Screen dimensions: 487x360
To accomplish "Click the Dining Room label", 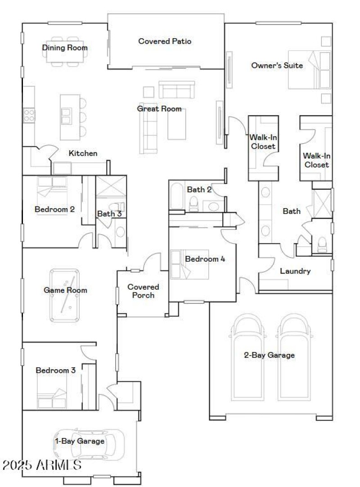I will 65,48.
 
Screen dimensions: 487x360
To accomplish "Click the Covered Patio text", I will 165,41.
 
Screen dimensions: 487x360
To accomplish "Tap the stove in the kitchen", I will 29,115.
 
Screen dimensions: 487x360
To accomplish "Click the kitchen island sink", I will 66,115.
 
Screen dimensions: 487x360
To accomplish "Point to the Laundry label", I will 295,271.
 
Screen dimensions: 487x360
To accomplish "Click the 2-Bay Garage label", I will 269,355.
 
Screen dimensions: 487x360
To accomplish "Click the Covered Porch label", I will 143,291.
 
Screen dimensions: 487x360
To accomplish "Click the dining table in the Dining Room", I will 65,52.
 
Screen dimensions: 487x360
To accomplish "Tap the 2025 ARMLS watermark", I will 41,465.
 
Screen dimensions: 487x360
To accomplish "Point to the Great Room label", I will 159,109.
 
